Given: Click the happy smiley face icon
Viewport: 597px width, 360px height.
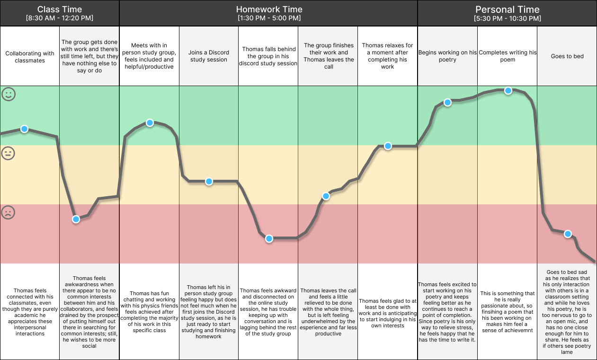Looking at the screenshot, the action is [9, 94].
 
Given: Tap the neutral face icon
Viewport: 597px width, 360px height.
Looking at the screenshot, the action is [8, 153].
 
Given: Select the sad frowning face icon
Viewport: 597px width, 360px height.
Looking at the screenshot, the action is [8, 212].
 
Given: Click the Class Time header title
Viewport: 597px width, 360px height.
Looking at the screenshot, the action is [60, 9].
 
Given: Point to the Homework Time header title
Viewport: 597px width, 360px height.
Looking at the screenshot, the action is [269, 9].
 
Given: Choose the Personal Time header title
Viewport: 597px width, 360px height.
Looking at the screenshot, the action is [508, 9].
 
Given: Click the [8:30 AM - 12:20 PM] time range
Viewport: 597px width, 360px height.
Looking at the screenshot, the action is [60, 18].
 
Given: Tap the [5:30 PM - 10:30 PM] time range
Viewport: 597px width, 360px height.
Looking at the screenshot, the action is [508, 18].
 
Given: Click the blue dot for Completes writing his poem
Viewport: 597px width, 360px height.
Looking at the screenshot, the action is [508, 91].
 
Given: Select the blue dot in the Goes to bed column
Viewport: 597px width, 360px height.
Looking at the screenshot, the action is [568, 234].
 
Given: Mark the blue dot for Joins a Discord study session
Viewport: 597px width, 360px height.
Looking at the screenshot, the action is [209, 182].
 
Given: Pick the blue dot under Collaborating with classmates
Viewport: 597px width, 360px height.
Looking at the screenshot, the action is [24, 129].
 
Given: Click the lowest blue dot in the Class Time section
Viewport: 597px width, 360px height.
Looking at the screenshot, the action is [76, 220].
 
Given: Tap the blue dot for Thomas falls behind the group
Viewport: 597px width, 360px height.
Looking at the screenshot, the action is [269, 238].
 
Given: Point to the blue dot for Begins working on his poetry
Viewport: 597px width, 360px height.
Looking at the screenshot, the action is [448, 103].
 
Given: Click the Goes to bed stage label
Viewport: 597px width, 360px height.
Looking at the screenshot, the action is [567, 56].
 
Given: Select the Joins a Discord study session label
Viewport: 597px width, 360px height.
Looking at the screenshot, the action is [209, 56].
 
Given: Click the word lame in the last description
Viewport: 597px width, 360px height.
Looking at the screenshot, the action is [567, 352].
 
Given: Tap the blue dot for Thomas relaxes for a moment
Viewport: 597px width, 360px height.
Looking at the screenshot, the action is [388, 146].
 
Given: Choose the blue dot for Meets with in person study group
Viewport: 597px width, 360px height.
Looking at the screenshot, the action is [150, 123].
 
